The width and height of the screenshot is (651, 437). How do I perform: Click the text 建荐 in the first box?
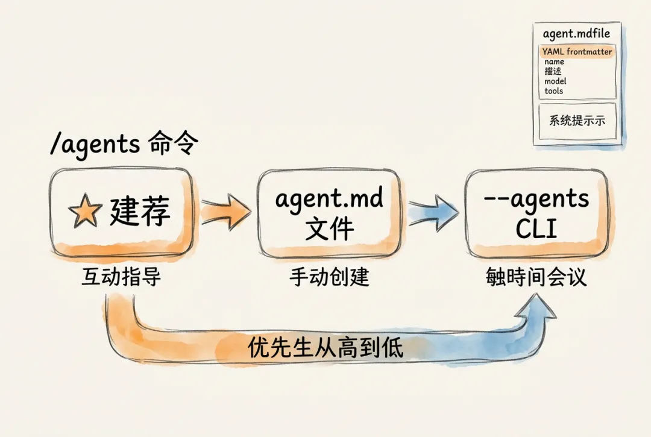pyautogui.click(x=140, y=212)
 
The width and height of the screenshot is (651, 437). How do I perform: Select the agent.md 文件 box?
pyautogui.click(x=329, y=213)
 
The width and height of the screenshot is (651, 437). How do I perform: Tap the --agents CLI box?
pyautogui.click(x=536, y=213)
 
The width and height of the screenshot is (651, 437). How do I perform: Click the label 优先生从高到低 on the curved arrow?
pyautogui.click(x=325, y=348)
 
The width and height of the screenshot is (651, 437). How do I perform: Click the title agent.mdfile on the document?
pyautogui.click(x=576, y=34)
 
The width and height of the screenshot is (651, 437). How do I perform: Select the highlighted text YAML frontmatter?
pyautogui.click(x=577, y=52)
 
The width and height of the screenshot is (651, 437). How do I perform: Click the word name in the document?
pyautogui.click(x=554, y=61)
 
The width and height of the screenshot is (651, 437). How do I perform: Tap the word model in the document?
pyautogui.click(x=555, y=81)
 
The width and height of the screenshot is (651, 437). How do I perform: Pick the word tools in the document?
pyautogui.click(x=553, y=91)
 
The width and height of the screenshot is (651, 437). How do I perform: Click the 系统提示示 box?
pyautogui.click(x=577, y=121)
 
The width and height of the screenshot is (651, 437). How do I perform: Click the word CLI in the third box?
pyautogui.click(x=536, y=230)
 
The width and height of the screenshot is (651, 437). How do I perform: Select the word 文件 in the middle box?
pyautogui.click(x=329, y=230)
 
